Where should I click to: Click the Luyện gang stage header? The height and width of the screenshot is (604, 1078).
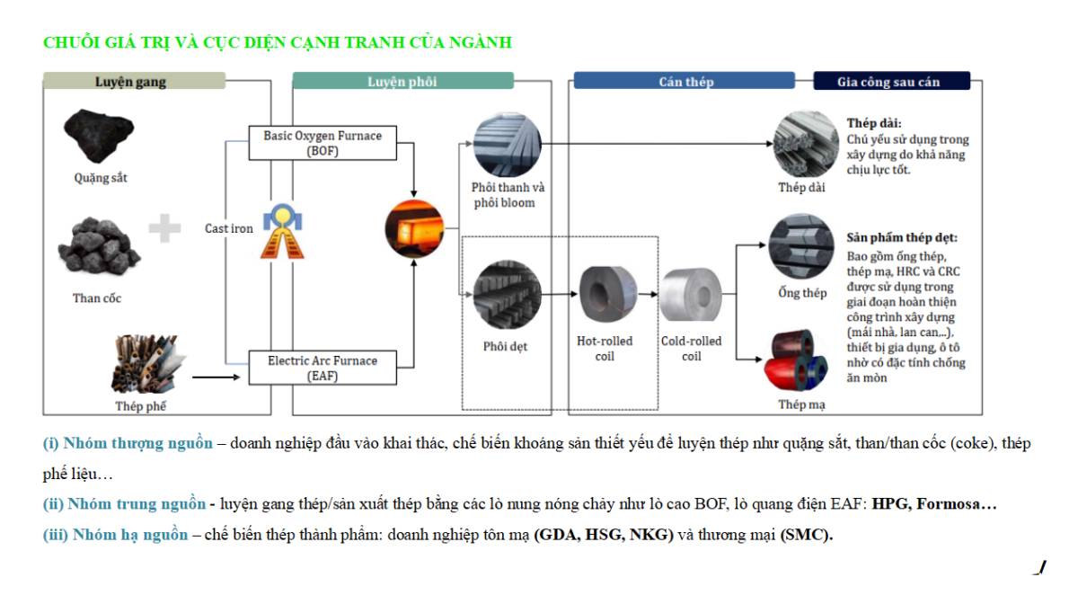(134, 82)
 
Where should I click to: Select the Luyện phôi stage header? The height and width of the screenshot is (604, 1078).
(402, 82)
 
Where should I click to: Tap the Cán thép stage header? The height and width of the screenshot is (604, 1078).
(685, 82)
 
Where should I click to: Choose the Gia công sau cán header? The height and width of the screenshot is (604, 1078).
(890, 82)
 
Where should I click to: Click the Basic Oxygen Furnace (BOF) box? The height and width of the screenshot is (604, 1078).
(322, 143)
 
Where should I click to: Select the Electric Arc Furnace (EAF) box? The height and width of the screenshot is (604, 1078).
(322, 368)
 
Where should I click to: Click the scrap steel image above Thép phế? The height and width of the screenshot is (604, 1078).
(144, 364)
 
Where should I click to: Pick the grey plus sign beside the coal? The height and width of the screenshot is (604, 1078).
(164, 228)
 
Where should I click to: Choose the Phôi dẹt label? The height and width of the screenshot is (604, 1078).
(505, 346)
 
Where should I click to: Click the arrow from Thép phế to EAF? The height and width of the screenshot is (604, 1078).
(218, 377)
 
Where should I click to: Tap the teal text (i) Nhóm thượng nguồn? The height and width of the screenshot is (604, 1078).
(128, 444)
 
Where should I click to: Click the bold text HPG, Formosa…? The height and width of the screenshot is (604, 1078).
(934, 505)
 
